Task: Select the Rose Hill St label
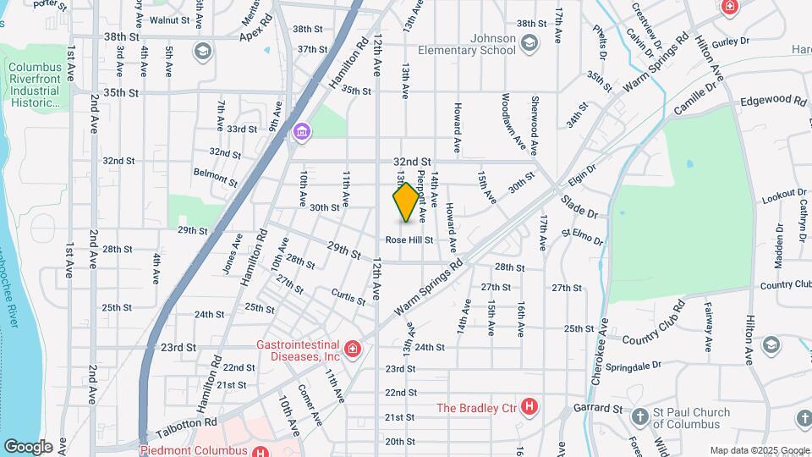[409, 240]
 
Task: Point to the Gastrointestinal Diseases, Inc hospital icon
[352, 349]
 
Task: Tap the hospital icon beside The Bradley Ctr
[529, 408]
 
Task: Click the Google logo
[28, 446]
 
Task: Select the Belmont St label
[216, 176]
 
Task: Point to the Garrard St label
[598, 408]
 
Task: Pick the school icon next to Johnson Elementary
[529, 44]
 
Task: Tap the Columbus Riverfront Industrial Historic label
[35, 85]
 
